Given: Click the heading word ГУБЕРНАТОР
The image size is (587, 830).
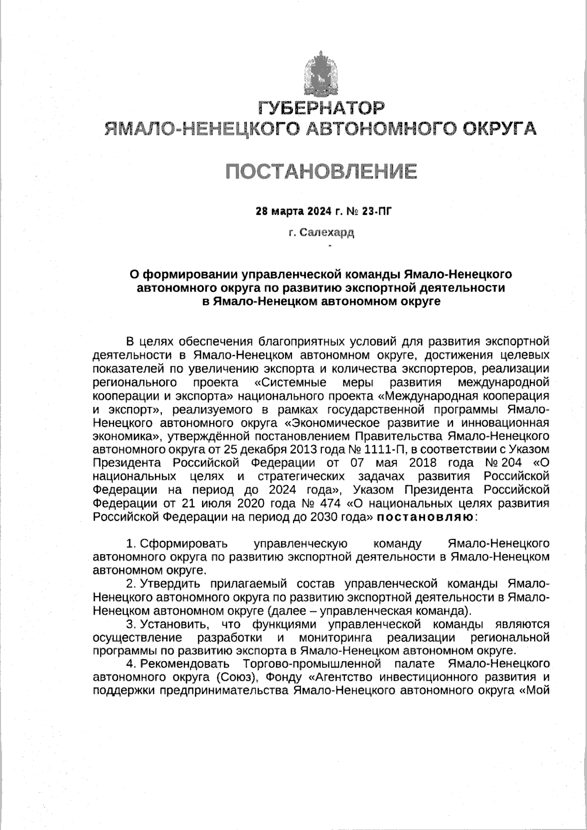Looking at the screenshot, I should point(321,107).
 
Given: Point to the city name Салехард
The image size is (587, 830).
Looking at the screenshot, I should point(327,232).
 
